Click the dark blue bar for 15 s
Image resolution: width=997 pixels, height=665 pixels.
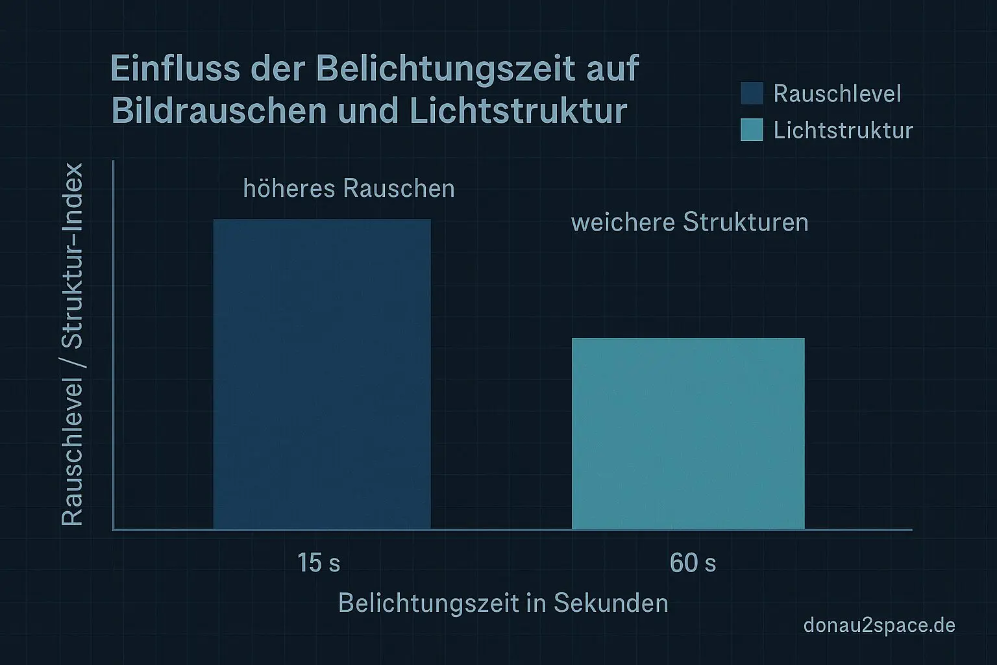coord(322,374)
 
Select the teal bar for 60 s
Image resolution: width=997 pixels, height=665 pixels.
coord(688,434)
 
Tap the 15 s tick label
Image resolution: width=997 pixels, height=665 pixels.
coord(318,562)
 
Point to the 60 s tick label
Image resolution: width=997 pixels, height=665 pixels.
coord(693,562)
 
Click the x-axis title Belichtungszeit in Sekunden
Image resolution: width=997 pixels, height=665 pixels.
coord(503,603)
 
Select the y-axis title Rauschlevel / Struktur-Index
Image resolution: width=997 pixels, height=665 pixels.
coord(73,344)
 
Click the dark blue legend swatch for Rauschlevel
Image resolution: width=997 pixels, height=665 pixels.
coord(752,94)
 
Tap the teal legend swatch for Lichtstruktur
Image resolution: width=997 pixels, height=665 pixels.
coord(752,130)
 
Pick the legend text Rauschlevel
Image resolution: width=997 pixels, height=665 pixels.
coord(837,94)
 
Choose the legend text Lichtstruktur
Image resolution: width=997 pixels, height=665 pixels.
coord(843,130)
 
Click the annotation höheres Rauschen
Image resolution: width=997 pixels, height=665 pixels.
coord(349,188)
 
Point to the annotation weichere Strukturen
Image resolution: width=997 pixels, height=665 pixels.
coord(689,222)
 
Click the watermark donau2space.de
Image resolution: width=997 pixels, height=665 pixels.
coord(879,625)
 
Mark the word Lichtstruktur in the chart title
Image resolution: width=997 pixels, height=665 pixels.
coord(518,111)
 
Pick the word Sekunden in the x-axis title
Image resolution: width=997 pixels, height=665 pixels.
coord(610,603)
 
